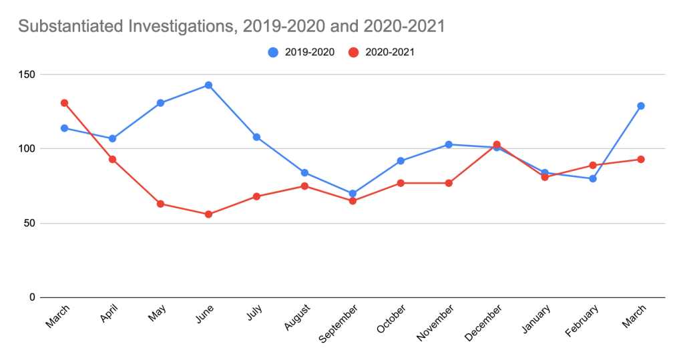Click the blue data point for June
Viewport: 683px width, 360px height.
[208, 85]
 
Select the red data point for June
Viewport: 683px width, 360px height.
[208, 214]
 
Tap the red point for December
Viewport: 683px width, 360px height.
[497, 144]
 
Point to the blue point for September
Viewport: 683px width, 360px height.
[353, 194]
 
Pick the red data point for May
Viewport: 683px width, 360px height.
[160, 204]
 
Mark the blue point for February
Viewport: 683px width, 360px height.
[593, 178]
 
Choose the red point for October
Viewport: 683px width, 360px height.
[401, 183]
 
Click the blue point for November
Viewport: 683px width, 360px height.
[449, 144]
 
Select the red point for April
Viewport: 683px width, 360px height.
[112, 159]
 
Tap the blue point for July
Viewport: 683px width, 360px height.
[256, 137]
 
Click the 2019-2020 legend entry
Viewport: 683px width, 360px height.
[302, 52]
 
